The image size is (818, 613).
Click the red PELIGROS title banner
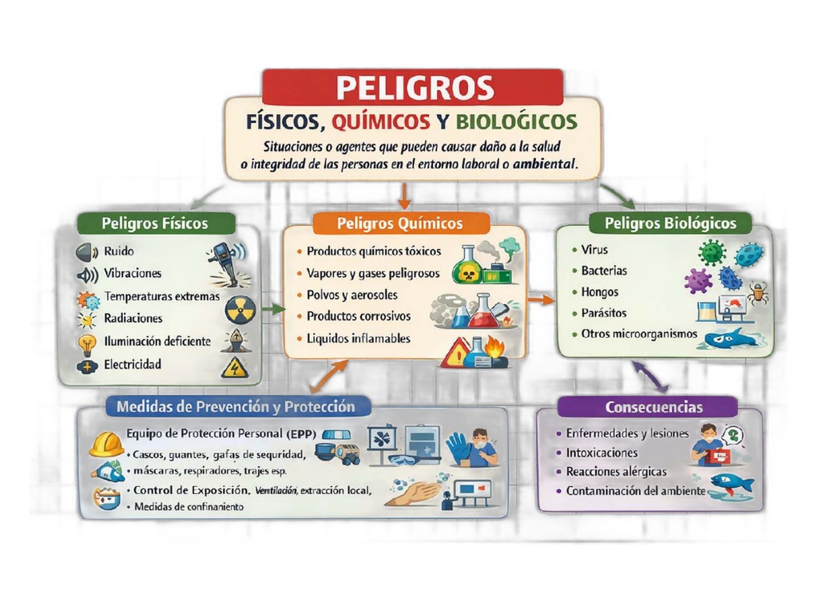[413, 87]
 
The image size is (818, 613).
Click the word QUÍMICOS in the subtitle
[381, 122]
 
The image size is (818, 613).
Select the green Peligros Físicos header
[156, 223]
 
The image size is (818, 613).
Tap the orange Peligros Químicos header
[400, 223]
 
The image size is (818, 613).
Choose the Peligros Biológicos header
[670, 223]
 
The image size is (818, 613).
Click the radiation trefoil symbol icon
[240, 310]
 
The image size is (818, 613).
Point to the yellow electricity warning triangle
[235, 367]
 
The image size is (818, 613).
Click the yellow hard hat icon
[106, 445]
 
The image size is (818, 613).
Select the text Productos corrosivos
[359, 316]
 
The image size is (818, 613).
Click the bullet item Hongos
[599, 292]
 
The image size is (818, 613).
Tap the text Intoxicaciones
[602, 453]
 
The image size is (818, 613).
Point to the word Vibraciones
[133, 273]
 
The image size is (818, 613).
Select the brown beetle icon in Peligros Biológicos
[757, 293]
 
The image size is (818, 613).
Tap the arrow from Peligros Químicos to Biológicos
[541, 300]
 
